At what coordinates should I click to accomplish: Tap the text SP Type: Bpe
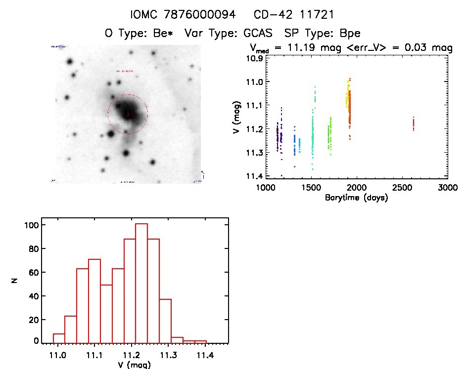322,34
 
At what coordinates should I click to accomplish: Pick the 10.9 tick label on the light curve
256,58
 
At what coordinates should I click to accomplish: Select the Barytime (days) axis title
356,198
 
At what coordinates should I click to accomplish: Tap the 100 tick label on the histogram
31,225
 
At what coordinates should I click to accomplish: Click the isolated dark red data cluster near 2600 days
413,123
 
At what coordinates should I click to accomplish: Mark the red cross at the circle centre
128,114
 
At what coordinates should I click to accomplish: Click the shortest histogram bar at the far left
59,338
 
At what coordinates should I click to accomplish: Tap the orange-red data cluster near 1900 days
349,106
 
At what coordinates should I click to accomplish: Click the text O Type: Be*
140,34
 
